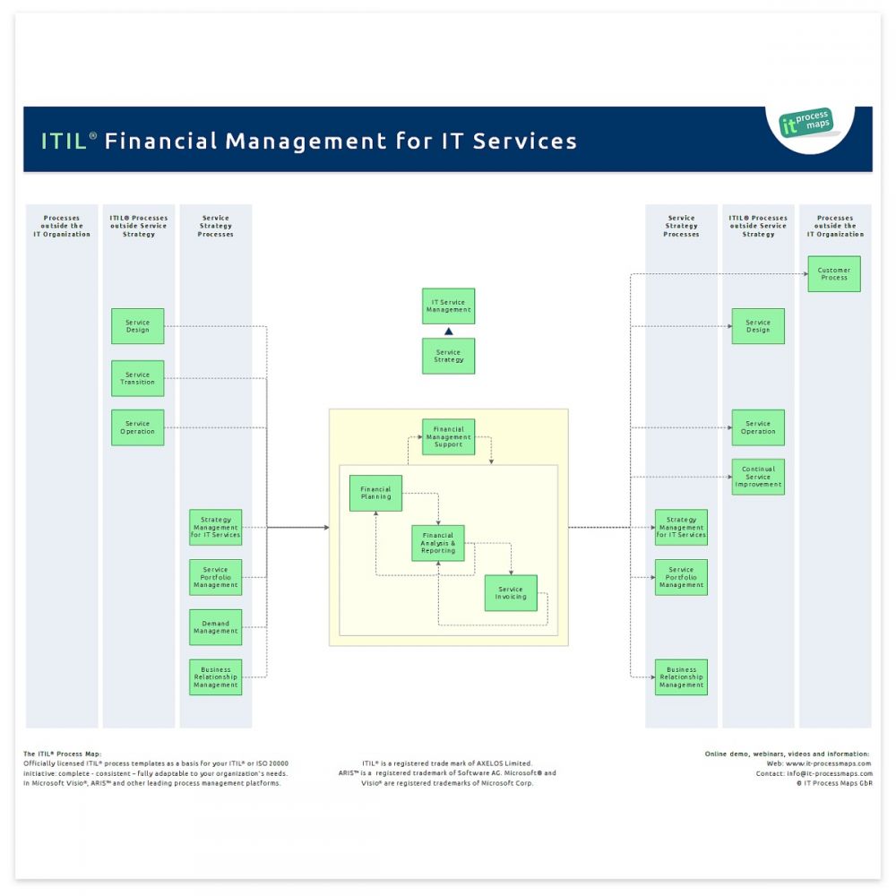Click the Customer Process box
pyautogui.click(x=834, y=273)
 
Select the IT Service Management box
pyautogui.click(x=448, y=306)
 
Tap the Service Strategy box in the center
pyautogui.click(x=448, y=356)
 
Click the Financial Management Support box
pyautogui.click(x=448, y=436)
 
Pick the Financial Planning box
pyautogui.click(x=375, y=493)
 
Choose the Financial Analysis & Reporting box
pyautogui.click(x=438, y=543)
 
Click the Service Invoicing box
pyautogui.click(x=511, y=593)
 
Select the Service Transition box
pyautogui.click(x=138, y=378)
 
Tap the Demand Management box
pyautogui.click(x=215, y=627)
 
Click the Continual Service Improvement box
pyautogui.click(x=758, y=477)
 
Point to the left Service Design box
pyautogui.click(x=138, y=326)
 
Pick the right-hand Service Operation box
pyautogui.click(x=758, y=427)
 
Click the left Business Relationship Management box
pyautogui.click(x=215, y=676)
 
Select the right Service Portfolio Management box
pyautogui.click(x=681, y=577)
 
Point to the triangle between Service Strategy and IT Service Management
pyautogui.click(x=449, y=332)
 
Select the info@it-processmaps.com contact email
pyautogui.click(x=829, y=773)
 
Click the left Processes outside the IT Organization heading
pyautogui.click(x=62, y=226)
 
